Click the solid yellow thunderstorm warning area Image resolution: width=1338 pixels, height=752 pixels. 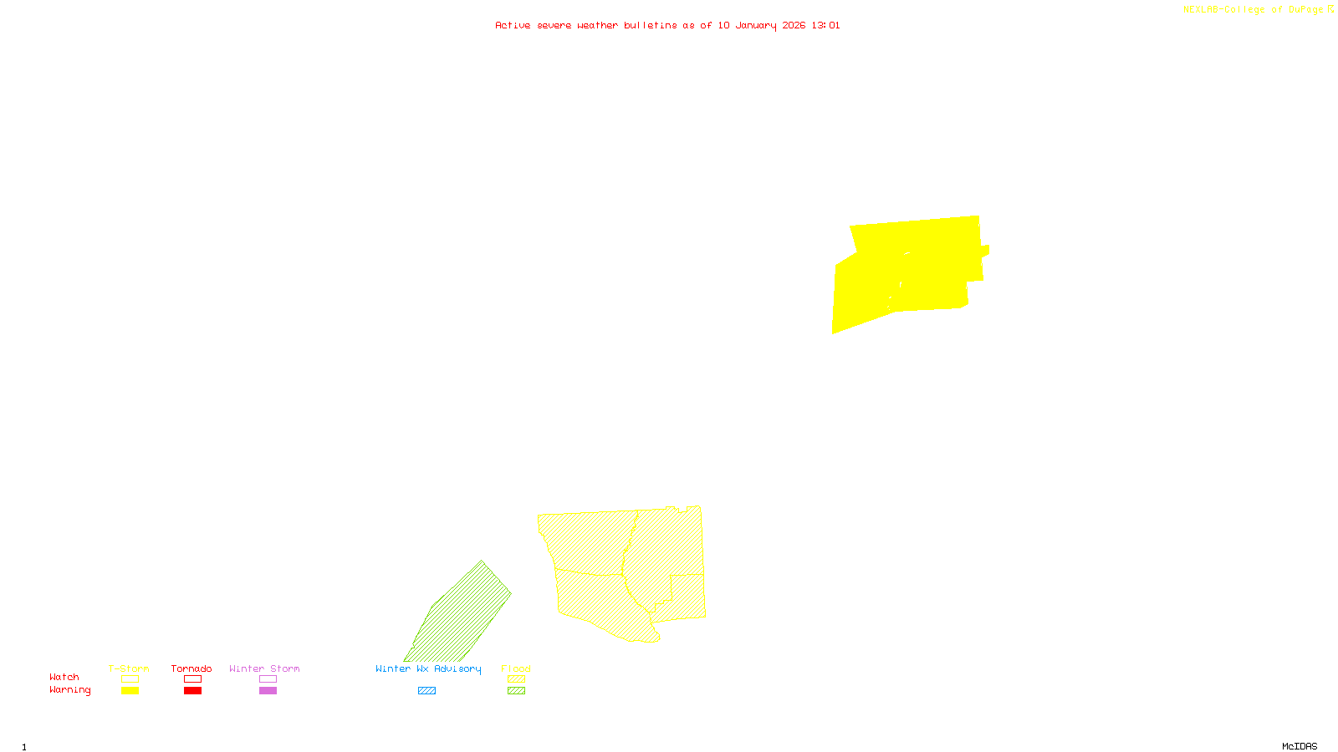pyautogui.click(x=912, y=267)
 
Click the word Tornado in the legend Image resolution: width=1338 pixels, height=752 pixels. pyautogui.click(x=192, y=668)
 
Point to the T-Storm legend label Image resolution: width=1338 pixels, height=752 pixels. pyautogui.click(x=129, y=668)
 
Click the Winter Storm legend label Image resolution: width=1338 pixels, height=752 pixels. pyautogui.click(x=264, y=668)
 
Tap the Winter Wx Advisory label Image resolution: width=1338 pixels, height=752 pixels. pyautogui.click(x=428, y=668)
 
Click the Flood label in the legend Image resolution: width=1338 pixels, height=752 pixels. pyautogui.click(x=516, y=668)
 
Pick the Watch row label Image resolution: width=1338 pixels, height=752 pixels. pyautogui.click(x=64, y=677)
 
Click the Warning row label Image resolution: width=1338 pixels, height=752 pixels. pyautogui.click(x=70, y=690)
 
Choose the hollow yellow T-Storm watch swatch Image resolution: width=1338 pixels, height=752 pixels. pyautogui.click(x=130, y=679)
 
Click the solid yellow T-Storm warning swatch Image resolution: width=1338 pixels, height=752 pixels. pyautogui.click(x=130, y=691)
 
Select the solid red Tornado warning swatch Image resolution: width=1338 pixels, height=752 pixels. pyautogui.click(x=193, y=691)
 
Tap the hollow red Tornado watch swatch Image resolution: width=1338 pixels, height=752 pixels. pyautogui.click(x=193, y=679)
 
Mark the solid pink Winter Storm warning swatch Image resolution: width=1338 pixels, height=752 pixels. pyautogui.click(x=268, y=691)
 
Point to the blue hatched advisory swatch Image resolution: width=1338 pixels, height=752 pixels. pyautogui.click(x=426, y=691)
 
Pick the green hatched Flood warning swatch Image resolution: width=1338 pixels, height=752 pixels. pyautogui.click(x=517, y=691)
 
